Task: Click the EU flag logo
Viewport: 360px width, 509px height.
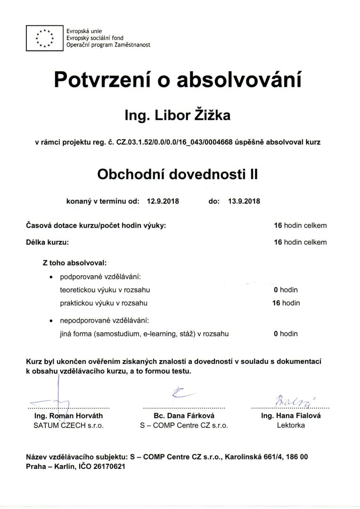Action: tap(45, 39)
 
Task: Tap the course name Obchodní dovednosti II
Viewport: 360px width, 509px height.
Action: tap(178, 174)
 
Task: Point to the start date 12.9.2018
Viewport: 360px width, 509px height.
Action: tap(163, 201)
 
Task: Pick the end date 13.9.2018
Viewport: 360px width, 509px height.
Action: tap(244, 201)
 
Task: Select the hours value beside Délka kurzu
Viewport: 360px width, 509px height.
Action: tap(300, 242)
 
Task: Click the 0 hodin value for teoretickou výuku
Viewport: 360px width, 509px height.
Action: tap(286, 289)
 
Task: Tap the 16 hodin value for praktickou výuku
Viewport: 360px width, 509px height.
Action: tap(286, 303)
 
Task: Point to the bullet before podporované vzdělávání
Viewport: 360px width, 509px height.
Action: tap(51, 276)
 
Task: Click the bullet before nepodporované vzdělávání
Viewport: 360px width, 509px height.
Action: tap(51, 320)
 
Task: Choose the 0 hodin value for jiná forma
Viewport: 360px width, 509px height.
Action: tap(286, 334)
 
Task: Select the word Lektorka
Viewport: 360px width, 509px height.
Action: tap(291, 425)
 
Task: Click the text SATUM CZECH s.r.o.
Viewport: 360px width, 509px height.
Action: tap(68, 425)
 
